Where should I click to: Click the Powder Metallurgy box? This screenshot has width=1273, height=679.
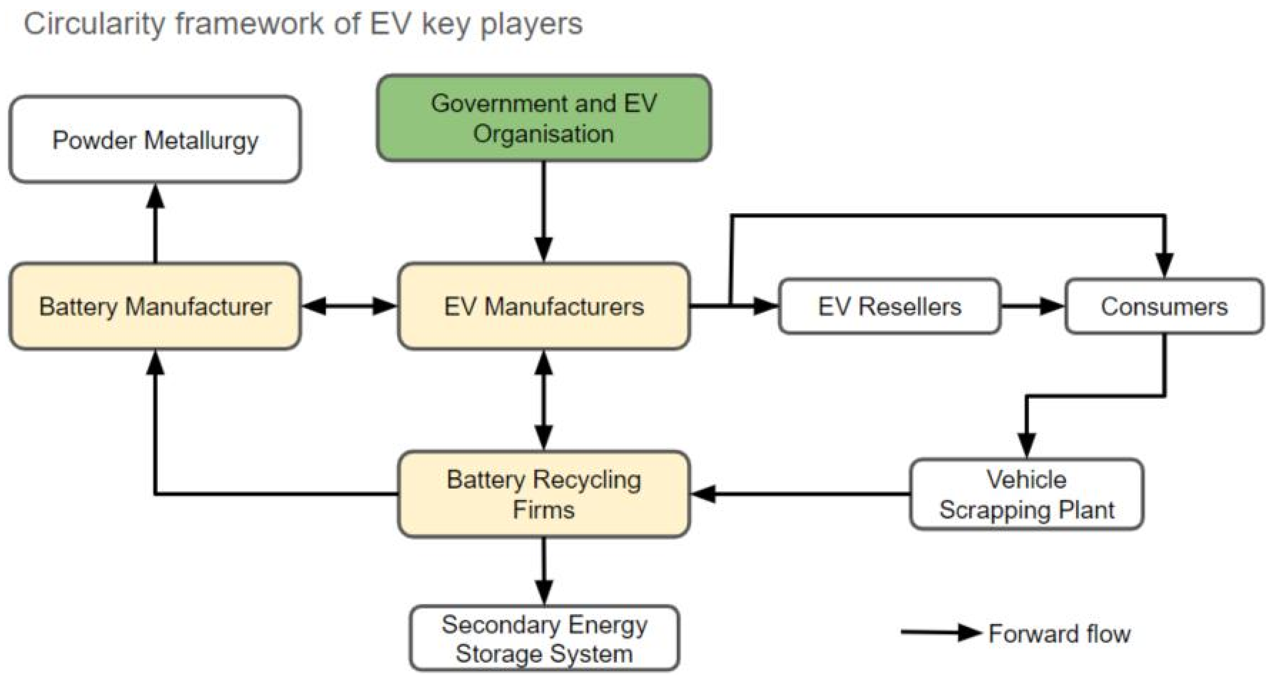[x=155, y=140]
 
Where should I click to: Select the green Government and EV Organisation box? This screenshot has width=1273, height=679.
[x=544, y=118]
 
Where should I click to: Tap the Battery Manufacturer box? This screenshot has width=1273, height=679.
[x=155, y=306]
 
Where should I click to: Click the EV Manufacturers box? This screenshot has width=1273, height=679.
[x=544, y=306]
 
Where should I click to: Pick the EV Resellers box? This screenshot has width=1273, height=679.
[x=889, y=306]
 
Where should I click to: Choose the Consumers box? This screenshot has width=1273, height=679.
[x=1164, y=306]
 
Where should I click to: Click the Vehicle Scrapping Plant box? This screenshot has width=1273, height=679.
[x=1026, y=494]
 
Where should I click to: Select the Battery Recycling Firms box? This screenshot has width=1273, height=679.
[x=544, y=494]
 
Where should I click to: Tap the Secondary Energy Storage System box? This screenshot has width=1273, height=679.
[x=544, y=638]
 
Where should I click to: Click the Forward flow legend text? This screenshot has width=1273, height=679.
[x=1059, y=634]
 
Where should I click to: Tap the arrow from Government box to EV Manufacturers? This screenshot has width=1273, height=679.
[x=544, y=212]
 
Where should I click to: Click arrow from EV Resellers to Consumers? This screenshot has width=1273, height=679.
[x=1033, y=306]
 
